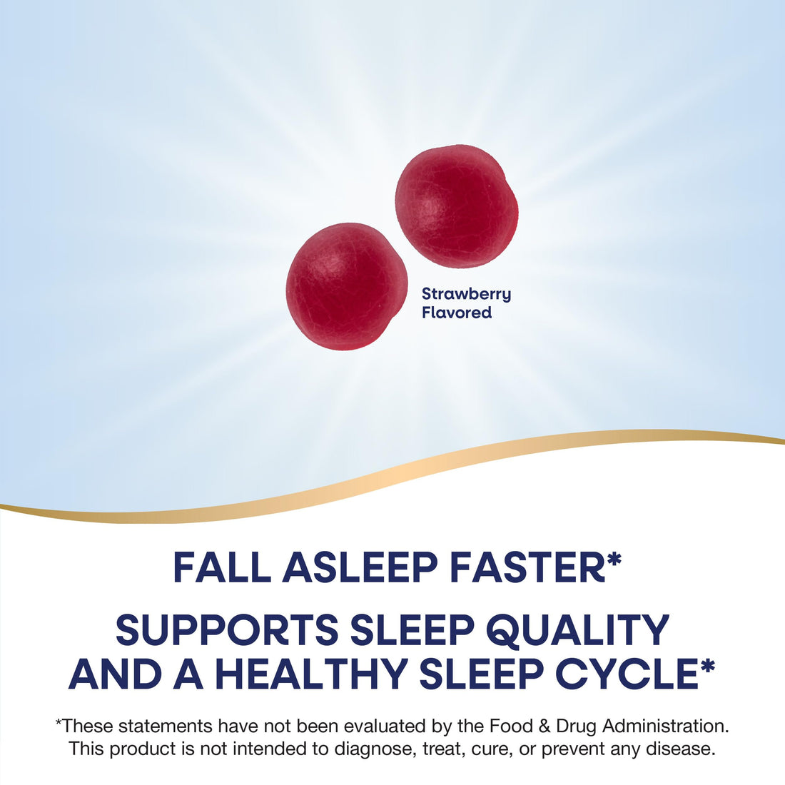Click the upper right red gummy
coord(456,206)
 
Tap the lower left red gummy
coord(347,285)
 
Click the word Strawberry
coord(466,294)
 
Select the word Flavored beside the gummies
coord(457,313)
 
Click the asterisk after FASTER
coord(614,561)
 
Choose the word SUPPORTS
coord(227,630)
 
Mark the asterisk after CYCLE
coord(707,667)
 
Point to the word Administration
coord(665,726)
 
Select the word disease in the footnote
coord(686,749)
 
